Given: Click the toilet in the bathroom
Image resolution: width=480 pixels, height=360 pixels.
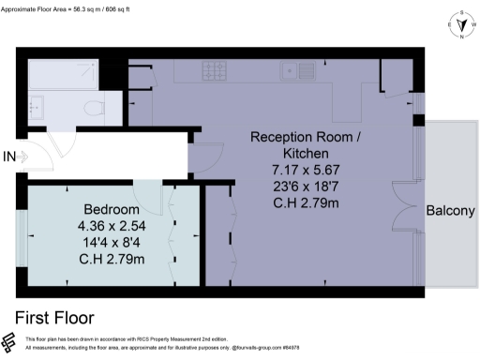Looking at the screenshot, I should pyautogui.click(x=95, y=110).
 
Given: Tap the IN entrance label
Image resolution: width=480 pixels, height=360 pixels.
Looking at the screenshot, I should pyautogui.click(x=10, y=156).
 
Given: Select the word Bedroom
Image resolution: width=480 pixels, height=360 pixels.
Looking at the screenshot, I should pyautogui.click(x=112, y=208).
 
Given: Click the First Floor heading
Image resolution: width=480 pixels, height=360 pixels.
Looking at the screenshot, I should pyautogui.click(x=54, y=317).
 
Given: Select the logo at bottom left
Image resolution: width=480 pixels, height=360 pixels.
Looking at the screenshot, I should pyautogui.click(x=10, y=342).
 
